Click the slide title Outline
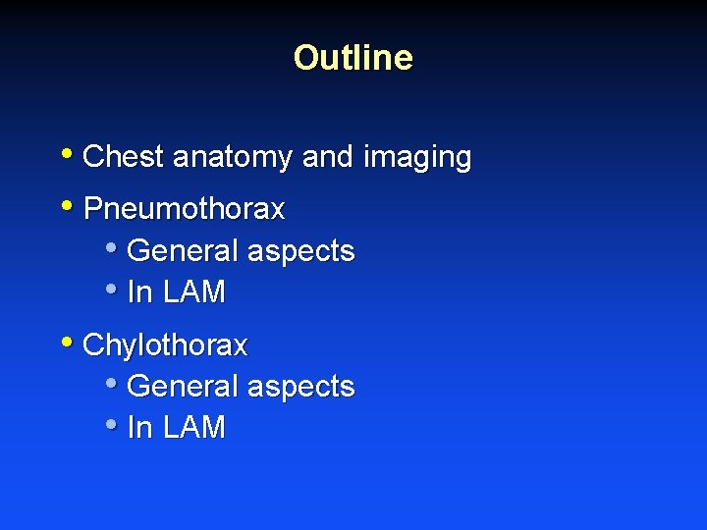point(353,58)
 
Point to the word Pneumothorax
point(184,209)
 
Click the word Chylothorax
point(165,345)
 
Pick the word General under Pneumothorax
point(183,251)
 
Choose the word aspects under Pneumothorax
point(299,251)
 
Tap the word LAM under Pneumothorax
point(193,292)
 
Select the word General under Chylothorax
point(183,387)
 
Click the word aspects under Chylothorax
point(299,387)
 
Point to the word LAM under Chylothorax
point(193,428)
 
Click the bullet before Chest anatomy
point(66,154)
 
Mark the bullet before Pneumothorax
point(66,206)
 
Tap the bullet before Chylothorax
point(66,343)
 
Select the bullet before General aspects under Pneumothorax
point(110,248)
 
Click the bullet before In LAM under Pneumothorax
point(110,290)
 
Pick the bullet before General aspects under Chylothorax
point(110,384)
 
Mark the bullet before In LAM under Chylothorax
point(110,425)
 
